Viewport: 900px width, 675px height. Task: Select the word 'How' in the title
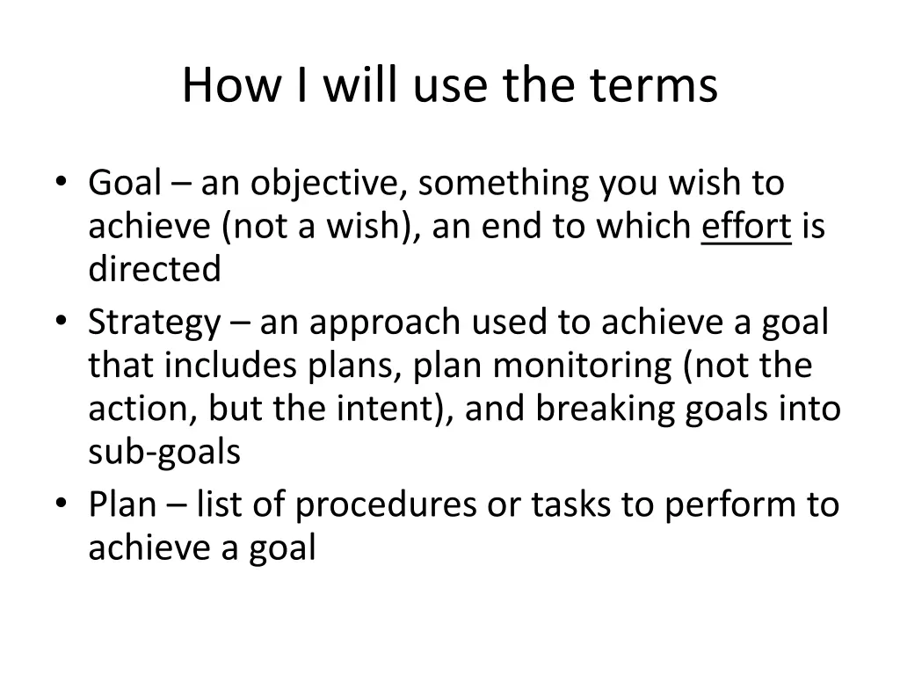(x=222, y=86)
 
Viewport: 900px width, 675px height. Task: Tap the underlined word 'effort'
(x=746, y=228)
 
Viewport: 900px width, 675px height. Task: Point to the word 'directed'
(x=155, y=270)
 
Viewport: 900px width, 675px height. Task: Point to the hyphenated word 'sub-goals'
(x=164, y=452)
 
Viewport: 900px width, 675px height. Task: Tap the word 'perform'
(x=722, y=505)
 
